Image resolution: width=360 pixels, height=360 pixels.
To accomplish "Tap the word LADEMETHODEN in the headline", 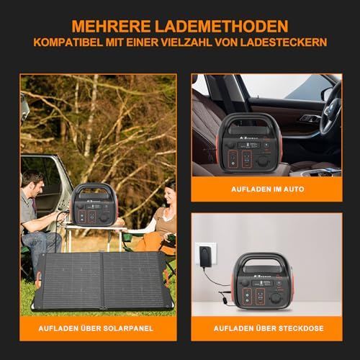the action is tap(221, 26).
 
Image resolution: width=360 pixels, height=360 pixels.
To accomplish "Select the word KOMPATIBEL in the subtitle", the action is tap(68, 42).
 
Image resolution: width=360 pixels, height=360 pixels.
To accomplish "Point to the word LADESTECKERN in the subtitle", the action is tap(284, 42).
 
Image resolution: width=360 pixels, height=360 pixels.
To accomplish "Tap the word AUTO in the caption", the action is tap(294, 189).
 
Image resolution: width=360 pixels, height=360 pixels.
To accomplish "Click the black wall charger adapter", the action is tap(205, 256).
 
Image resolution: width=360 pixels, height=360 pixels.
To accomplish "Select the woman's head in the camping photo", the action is tap(170, 192).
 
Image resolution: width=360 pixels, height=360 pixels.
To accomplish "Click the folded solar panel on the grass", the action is tap(103, 282).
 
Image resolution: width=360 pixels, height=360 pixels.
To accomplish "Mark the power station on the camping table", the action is tap(94, 204).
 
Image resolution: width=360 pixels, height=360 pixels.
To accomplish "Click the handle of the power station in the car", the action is tap(251, 122).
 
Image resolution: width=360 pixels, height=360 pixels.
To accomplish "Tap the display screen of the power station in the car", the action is tap(248, 145).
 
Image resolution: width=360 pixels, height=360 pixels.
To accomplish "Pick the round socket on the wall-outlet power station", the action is tap(276, 298).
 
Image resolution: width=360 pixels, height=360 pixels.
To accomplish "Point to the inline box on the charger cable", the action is tap(225, 300).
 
